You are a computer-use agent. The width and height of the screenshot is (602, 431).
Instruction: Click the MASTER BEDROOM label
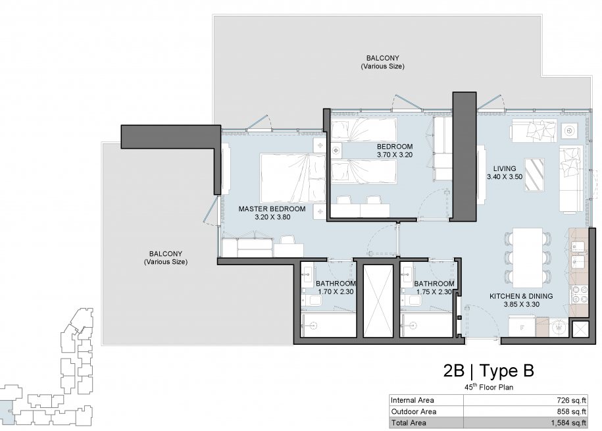pyautogui.click(x=272, y=209)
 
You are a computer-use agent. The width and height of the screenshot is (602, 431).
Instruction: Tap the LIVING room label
pyautogui.click(x=505, y=168)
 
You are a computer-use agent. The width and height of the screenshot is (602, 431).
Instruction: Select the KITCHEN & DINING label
pyautogui.click(x=521, y=296)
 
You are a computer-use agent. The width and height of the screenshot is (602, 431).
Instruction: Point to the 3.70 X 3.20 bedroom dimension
pyautogui.click(x=395, y=155)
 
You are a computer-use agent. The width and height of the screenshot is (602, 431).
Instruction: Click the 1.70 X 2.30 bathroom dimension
pyautogui.click(x=336, y=292)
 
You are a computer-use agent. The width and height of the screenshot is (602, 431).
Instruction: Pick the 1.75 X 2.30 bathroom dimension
pyautogui.click(x=434, y=292)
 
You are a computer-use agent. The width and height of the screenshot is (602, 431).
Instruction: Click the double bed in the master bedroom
pyautogui.click(x=293, y=178)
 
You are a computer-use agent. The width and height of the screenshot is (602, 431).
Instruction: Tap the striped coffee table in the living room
pyautogui.click(x=534, y=175)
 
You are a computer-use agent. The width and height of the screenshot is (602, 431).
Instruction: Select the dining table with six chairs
pyautogui.click(x=528, y=258)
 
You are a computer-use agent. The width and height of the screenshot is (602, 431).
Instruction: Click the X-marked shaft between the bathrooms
pyautogui.click(x=378, y=301)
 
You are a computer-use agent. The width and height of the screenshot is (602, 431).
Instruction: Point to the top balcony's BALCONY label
pyautogui.click(x=382, y=58)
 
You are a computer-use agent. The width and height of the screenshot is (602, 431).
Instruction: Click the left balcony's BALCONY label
pyautogui.click(x=166, y=254)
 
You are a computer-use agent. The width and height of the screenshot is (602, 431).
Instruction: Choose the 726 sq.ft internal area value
pyautogui.click(x=571, y=400)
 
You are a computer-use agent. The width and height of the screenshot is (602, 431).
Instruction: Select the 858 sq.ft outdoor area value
pyautogui.click(x=571, y=411)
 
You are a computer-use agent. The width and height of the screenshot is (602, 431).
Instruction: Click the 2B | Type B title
pyautogui.click(x=488, y=371)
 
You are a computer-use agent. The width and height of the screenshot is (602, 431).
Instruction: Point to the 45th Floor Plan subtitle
pyautogui.click(x=489, y=387)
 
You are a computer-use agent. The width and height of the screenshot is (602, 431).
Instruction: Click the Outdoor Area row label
pyautogui.click(x=413, y=411)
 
